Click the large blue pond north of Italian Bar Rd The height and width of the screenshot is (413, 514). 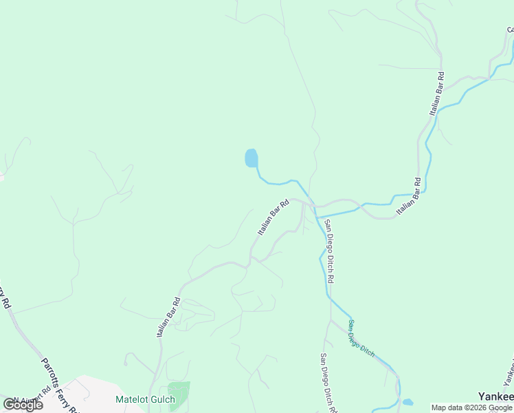(x=252, y=158)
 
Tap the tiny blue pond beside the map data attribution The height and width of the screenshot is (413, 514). (x=407, y=402)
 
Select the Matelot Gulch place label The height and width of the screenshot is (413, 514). (x=145, y=399)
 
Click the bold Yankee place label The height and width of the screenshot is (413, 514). (x=495, y=396)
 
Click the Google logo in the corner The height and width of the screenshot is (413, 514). (x=23, y=405)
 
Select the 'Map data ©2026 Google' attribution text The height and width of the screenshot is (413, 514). (x=472, y=407)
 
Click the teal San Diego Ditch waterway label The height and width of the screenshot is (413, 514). (x=361, y=339)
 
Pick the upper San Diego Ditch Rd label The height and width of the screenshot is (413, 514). (x=330, y=251)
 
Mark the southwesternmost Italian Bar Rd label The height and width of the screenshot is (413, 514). (x=168, y=317)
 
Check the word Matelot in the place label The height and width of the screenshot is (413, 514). (x=131, y=399)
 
